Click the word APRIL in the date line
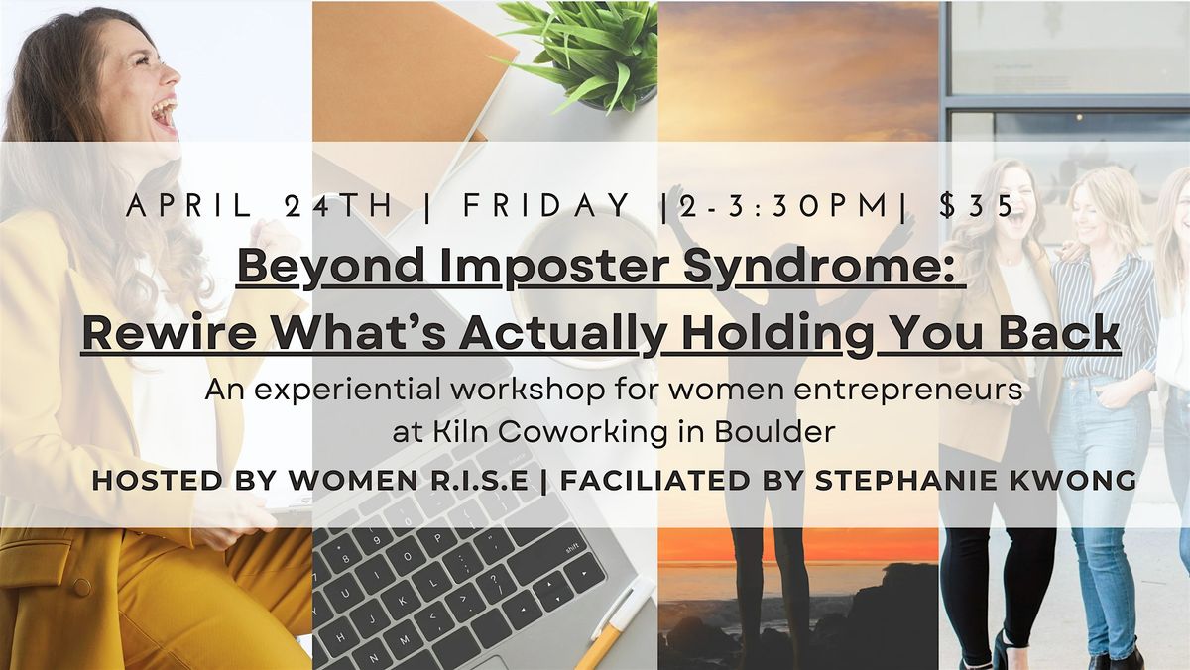point(189,205)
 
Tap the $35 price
point(977,205)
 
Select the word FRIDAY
point(546,205)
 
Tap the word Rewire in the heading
point(170,333)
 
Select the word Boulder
point(774,431)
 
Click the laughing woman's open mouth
point(165,115)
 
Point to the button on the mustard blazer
point(81,587)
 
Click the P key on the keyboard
point(437,537)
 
